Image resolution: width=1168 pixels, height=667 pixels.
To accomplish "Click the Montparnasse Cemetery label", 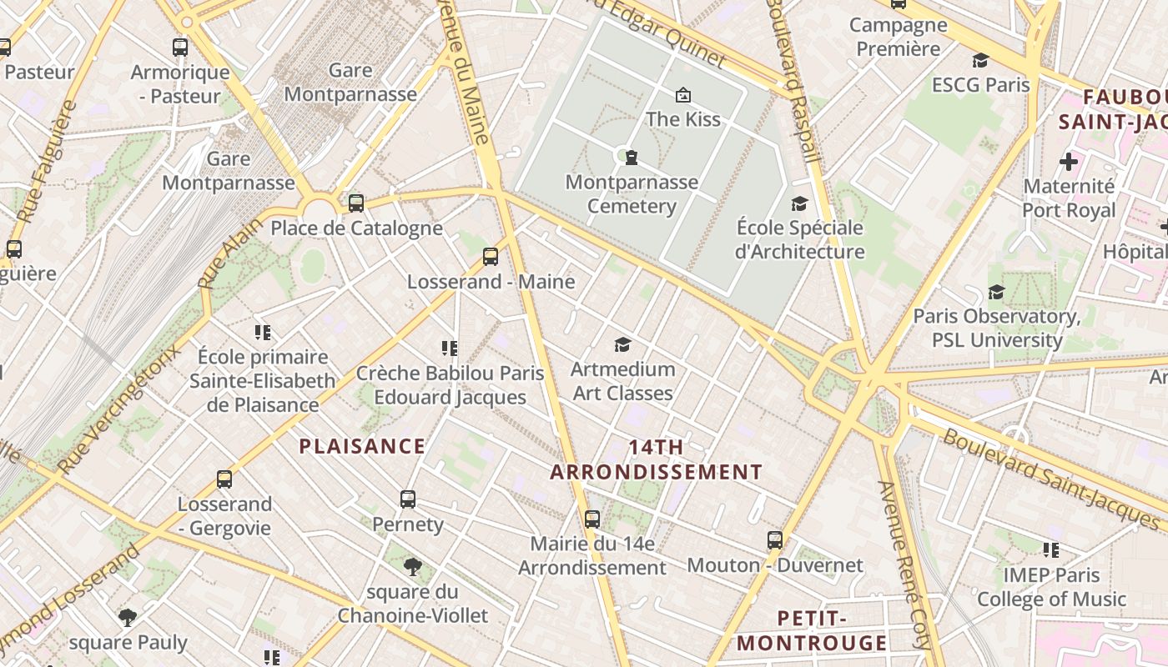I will [632, 194].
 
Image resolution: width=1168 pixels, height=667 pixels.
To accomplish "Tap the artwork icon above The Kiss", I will [683, 94].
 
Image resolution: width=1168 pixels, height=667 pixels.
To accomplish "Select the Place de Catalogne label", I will [356, 228].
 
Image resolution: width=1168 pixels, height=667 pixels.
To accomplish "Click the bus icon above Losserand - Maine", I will [491, 256].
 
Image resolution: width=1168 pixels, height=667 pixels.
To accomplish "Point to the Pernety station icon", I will [408, 499].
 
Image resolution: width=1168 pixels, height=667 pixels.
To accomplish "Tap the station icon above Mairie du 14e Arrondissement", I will [592, 519].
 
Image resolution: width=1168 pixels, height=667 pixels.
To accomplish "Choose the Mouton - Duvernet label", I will [774, 565].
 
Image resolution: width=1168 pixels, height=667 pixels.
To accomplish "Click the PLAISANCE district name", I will [362, 446].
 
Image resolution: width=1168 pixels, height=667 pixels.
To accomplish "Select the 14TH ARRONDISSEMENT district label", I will [656, 459].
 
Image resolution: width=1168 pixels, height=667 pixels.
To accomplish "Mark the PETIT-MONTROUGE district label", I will [812, 630].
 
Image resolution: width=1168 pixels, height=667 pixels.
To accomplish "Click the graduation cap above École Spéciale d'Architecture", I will [800, 203].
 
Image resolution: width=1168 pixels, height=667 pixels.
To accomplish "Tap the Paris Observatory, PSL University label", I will [997, 328].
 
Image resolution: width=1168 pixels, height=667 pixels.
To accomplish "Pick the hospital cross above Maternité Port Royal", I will [1069, 162].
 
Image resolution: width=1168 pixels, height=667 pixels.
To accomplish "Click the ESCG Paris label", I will [980, 85].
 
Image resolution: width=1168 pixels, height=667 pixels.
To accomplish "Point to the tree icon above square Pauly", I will [128, 618].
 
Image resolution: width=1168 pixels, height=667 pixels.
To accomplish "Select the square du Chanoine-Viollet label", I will [413, 604].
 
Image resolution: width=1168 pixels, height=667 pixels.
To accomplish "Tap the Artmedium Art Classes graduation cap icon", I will [622, 344].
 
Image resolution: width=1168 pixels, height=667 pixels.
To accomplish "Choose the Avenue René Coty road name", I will [903, 565].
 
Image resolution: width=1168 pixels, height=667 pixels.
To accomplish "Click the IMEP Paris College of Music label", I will [1051, 587].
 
